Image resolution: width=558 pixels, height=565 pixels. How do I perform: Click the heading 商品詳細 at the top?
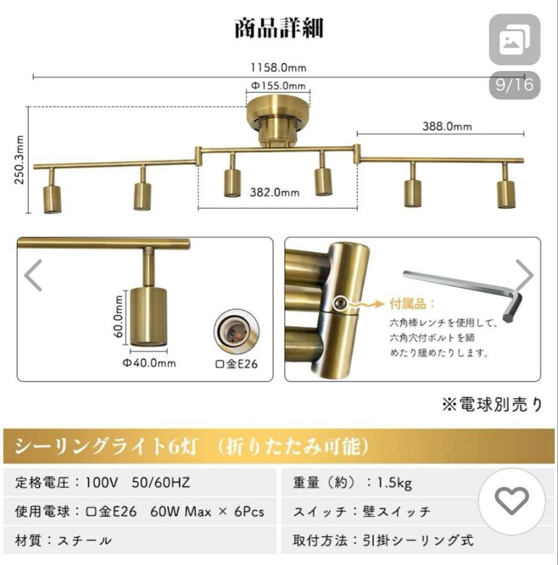coord(278,28)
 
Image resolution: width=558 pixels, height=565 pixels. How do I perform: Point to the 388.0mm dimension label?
coord(447,126)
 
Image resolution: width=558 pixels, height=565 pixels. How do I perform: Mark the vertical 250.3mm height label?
coord(19,160)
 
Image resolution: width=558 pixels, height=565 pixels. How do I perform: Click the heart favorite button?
coord(512,501)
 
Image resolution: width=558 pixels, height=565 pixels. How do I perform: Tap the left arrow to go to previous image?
coord(34,275)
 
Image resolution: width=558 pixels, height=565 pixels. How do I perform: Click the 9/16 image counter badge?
coord(515,85)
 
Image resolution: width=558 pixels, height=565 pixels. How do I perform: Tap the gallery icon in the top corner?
coord(515,40)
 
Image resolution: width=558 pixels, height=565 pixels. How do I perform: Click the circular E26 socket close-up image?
coord(237,334)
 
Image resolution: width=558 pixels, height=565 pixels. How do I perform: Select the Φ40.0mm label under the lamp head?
coord(149,363)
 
